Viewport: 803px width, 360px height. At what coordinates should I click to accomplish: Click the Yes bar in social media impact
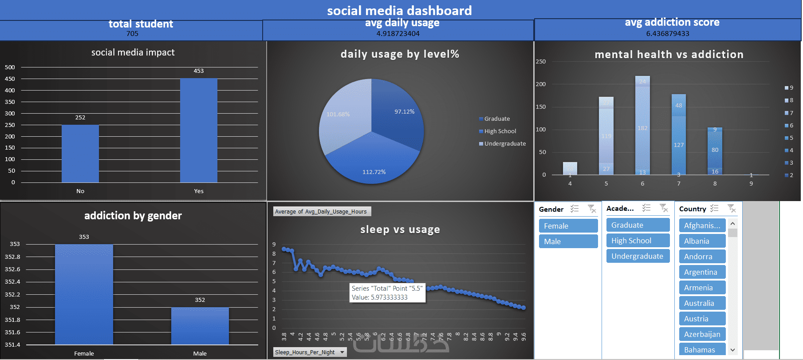pos(198,131)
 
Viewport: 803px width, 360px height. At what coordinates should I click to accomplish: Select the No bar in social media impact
pos(80,154)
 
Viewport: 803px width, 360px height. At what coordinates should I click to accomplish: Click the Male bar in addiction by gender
pos(200,326)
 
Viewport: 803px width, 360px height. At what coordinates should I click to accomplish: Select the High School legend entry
pos(500,131)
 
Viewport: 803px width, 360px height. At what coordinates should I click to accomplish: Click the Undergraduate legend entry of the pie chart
pos(505,144)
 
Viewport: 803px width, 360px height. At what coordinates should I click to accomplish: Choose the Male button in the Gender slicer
pos(568,241)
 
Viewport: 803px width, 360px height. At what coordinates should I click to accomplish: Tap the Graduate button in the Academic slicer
pos(638,225)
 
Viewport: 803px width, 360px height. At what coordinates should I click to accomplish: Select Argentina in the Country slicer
pos(702,272)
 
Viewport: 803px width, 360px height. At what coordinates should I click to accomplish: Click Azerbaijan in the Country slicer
pos(702,334)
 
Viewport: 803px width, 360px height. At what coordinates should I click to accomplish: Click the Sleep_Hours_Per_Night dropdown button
pos(342,352)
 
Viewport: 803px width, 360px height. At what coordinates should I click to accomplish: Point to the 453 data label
pos(198,71)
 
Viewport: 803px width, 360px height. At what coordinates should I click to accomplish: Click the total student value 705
pos(132,34)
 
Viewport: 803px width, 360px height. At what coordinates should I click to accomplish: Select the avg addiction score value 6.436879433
pos(667,34)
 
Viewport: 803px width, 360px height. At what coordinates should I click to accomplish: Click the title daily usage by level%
pos(400,54)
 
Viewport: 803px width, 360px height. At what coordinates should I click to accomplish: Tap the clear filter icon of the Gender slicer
pos(592,209)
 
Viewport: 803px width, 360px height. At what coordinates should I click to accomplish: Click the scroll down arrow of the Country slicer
pos(732,350)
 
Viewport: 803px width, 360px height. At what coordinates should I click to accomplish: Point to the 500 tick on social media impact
pos(10,67)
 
